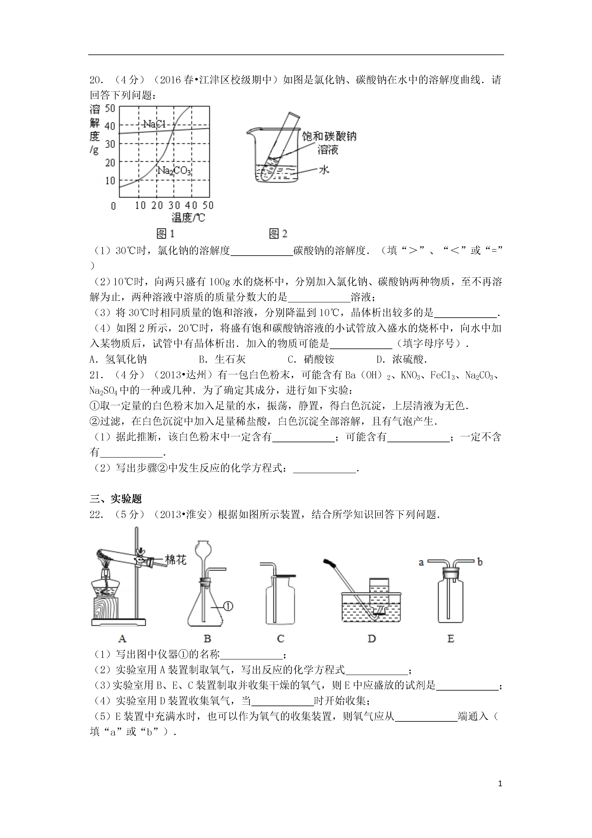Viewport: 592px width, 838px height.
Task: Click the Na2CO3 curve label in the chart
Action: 174,171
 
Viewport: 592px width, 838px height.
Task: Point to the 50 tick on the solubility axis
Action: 110,108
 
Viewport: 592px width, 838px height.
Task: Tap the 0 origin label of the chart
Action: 114,206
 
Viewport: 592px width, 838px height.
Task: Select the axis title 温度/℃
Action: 188,218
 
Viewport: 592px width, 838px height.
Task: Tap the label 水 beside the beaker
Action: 324,170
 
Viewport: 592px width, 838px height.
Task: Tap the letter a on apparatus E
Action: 421,562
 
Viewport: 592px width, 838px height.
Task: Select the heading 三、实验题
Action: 116,499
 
